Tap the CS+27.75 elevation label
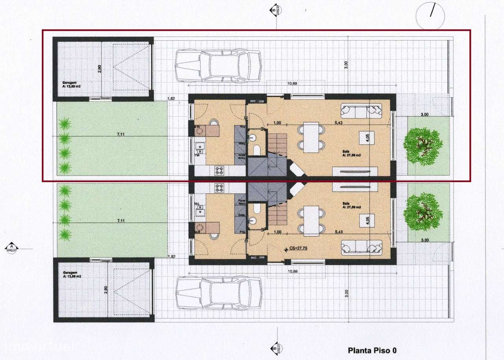coord(298,249)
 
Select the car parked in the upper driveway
coord(218,65)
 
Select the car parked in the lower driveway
coord(219,293)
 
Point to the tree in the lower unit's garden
coord(423,211)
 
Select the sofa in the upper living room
coord(361,111)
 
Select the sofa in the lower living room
coord(361,247)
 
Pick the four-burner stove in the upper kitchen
coord(219,171)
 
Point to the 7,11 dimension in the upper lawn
coord(121,134)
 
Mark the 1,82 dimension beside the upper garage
coord(171,98)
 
